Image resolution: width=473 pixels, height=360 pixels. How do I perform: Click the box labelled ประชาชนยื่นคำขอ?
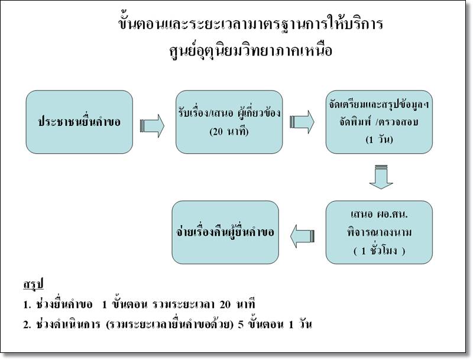(79, 122)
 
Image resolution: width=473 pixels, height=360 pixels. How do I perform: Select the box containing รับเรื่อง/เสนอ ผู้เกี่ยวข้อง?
(229, 122)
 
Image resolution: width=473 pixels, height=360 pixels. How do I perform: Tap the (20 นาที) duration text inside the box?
(229, 131)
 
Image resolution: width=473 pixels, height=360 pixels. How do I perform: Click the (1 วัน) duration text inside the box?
(379, 140)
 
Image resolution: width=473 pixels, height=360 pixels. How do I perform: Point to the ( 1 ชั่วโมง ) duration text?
(379, 251)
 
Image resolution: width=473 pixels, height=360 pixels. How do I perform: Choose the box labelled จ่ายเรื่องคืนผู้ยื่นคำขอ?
(225, 232)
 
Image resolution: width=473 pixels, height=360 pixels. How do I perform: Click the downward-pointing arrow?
(381, 177)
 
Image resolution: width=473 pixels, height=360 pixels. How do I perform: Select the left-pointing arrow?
(303, 236)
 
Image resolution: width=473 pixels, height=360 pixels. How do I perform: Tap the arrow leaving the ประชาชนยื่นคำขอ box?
(152, 126)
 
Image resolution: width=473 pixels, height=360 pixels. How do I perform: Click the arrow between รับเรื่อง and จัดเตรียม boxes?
(302, 122)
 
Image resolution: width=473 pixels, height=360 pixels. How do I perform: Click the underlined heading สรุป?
(34, 284)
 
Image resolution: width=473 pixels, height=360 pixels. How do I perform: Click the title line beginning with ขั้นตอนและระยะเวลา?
(251, 24)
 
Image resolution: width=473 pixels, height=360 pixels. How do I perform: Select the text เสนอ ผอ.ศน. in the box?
(379, 214)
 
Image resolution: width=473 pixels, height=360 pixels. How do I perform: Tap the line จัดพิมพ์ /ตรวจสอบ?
(379, 122)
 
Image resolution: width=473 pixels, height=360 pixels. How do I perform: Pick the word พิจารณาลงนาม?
(379, 232)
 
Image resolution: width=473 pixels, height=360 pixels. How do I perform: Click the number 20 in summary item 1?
(225, 304)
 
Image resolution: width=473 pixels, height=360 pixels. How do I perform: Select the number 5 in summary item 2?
(241, 325)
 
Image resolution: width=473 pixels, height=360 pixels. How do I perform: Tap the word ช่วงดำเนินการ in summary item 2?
(68, 325)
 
